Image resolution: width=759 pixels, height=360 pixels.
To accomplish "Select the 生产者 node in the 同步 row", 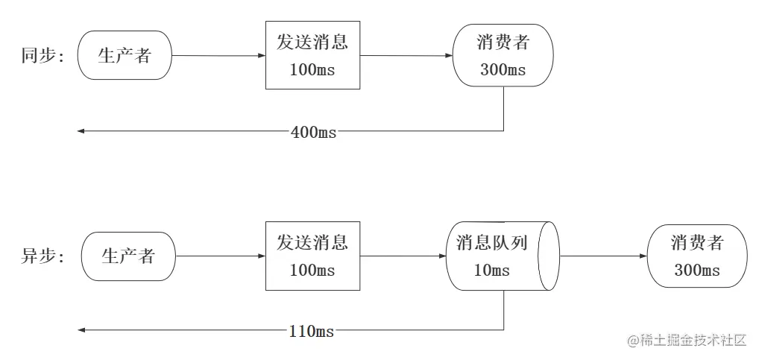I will click(x=125, y=56).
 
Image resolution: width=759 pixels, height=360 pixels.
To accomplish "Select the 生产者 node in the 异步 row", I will click(x=127, y=256).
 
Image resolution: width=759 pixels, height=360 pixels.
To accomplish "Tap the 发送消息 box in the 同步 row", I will click(x=312, y=55).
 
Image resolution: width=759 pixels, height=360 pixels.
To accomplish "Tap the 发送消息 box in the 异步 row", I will click(x=312, y=256).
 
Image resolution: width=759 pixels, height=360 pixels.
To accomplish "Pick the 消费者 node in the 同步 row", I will click(x=503, y=56).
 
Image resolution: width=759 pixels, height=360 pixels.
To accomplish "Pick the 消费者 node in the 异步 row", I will click(x=697, y=256).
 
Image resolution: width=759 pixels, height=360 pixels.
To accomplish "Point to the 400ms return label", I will click(x=313, y=132).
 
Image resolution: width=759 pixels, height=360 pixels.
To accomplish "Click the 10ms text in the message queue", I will click(x=492, y=270).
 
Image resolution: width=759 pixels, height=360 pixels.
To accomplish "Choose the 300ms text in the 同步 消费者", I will click(x=503, y=70).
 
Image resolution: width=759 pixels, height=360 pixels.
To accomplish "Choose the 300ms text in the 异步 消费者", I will click(x=697, y=270).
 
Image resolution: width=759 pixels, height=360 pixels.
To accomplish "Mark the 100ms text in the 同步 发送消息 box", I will click(x=312, y=69).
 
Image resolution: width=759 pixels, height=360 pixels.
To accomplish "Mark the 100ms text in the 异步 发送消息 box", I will click(x=312, y=270).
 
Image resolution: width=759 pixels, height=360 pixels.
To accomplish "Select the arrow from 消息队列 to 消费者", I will click(x=603, y=256).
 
